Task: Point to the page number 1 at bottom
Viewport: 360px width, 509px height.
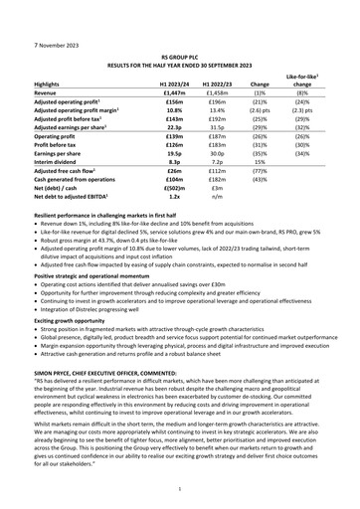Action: (x=180, y=489)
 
